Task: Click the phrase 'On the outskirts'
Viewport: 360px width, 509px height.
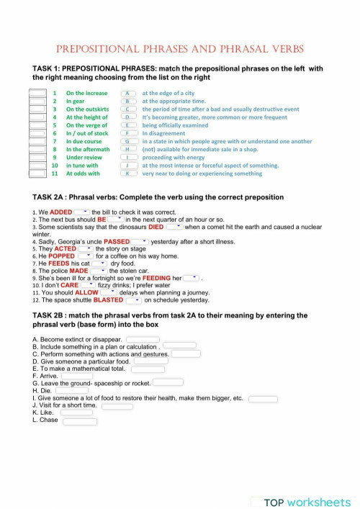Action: tap(87, 109)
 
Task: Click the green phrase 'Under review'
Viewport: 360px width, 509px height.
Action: tap(84, 157)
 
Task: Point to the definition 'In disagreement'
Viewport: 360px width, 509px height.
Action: tap(165, 133)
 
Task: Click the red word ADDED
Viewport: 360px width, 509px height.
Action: tap(61, 212)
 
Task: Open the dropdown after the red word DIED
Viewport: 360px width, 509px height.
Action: tap(175, 227)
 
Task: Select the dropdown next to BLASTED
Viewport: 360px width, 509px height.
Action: tap(134, 300)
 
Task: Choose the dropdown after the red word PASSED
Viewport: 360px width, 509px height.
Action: tap(141, 242)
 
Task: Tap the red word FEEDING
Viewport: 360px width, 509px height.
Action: tap(157, 278)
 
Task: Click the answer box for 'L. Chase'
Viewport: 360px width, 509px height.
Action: tap(80, 421)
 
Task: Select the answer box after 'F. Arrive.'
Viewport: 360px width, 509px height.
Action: tap(77, 375)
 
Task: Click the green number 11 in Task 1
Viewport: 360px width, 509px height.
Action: tap(54, 174)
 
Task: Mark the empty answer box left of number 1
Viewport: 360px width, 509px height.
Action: tap(37, 93)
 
